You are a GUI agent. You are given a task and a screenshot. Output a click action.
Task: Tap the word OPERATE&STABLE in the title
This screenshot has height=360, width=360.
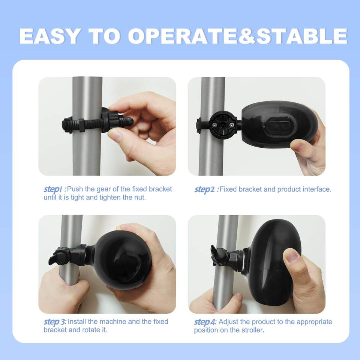click(238, 36)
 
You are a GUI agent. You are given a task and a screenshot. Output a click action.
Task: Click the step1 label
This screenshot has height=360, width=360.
click(55, 189)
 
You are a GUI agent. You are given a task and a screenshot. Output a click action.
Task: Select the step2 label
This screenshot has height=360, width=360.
click(206, 189)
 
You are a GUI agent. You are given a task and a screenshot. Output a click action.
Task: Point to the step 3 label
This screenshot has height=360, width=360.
click(55, 322)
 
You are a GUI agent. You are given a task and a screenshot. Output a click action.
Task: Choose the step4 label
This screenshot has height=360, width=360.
click(205, 322)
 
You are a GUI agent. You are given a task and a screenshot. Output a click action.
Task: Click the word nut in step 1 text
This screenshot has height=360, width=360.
click(140, 198)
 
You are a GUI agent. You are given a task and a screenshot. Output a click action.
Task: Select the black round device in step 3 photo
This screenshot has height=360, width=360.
click(123, 260)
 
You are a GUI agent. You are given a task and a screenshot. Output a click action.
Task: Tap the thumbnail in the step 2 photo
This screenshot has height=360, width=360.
click(298, 146)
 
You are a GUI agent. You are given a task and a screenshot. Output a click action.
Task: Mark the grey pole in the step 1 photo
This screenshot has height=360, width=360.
click(87, 126)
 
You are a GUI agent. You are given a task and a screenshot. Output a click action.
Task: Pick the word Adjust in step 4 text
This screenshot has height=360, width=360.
click(228, 322)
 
